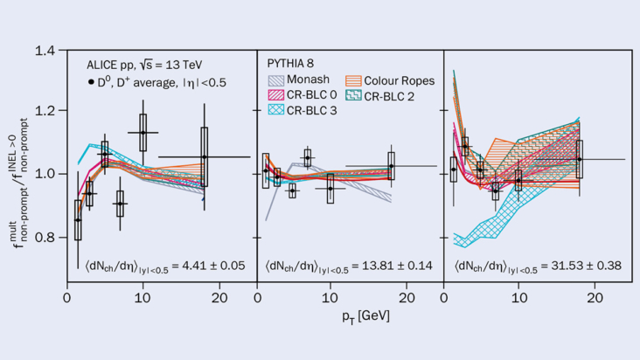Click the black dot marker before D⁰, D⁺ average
91,82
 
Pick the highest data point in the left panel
143,133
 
